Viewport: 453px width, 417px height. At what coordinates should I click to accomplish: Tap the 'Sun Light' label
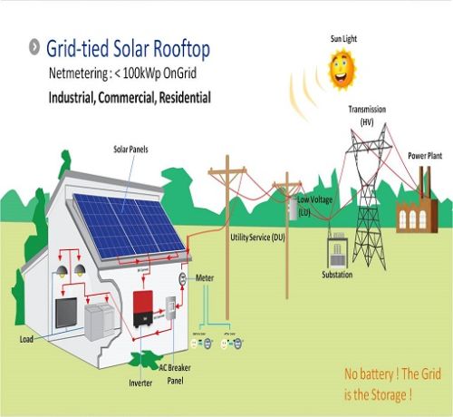(343, 39)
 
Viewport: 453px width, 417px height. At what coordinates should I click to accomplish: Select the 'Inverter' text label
(140, 383)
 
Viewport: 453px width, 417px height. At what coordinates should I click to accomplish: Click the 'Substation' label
(337, 274)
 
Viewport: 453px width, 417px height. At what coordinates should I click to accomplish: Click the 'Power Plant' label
(423, 154)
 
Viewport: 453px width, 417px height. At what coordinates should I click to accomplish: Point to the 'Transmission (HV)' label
(368, 114)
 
